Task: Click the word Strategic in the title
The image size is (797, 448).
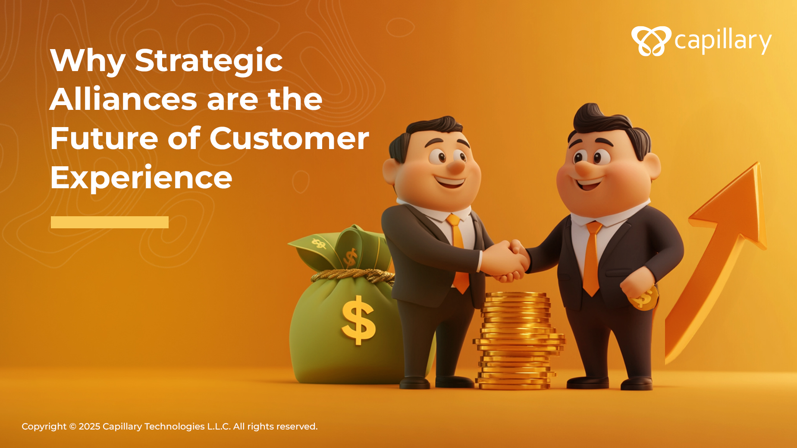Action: pyautogui.click(x=209, y=61)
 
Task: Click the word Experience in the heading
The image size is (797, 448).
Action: pyautogui.click(x=141, y=177)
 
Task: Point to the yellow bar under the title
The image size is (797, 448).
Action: pyautogui.click(x=110, y=222)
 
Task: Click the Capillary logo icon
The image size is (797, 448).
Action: pyautogui.click(x=651, y=41)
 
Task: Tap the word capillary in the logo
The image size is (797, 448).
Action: pyautogui.click(x=723, y=41)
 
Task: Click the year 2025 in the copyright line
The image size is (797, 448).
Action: pyautogui.click(x=89, y=426)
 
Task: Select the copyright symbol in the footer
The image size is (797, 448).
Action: pyautogui.click(x=72, y=426)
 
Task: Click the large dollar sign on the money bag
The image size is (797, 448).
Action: pyautogui.click(x=358, y=320)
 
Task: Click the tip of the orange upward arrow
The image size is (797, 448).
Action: pyautogui.click(x=757, y=163)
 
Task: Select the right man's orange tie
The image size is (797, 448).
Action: pyautogui.click(x=592, y=258)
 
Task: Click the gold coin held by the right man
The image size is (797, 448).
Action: pyautogui.click(x=644, y=297)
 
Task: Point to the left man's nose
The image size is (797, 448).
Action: pyautogui.click(x=456, y=165)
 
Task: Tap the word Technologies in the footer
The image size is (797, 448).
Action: pyautogui.click(x=174, y=426)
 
